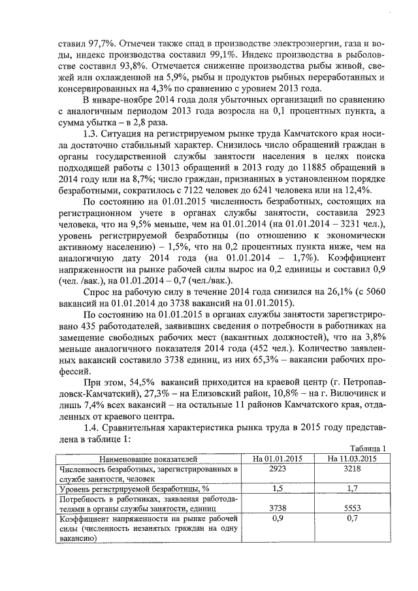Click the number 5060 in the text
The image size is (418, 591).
tap(373, 294)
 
